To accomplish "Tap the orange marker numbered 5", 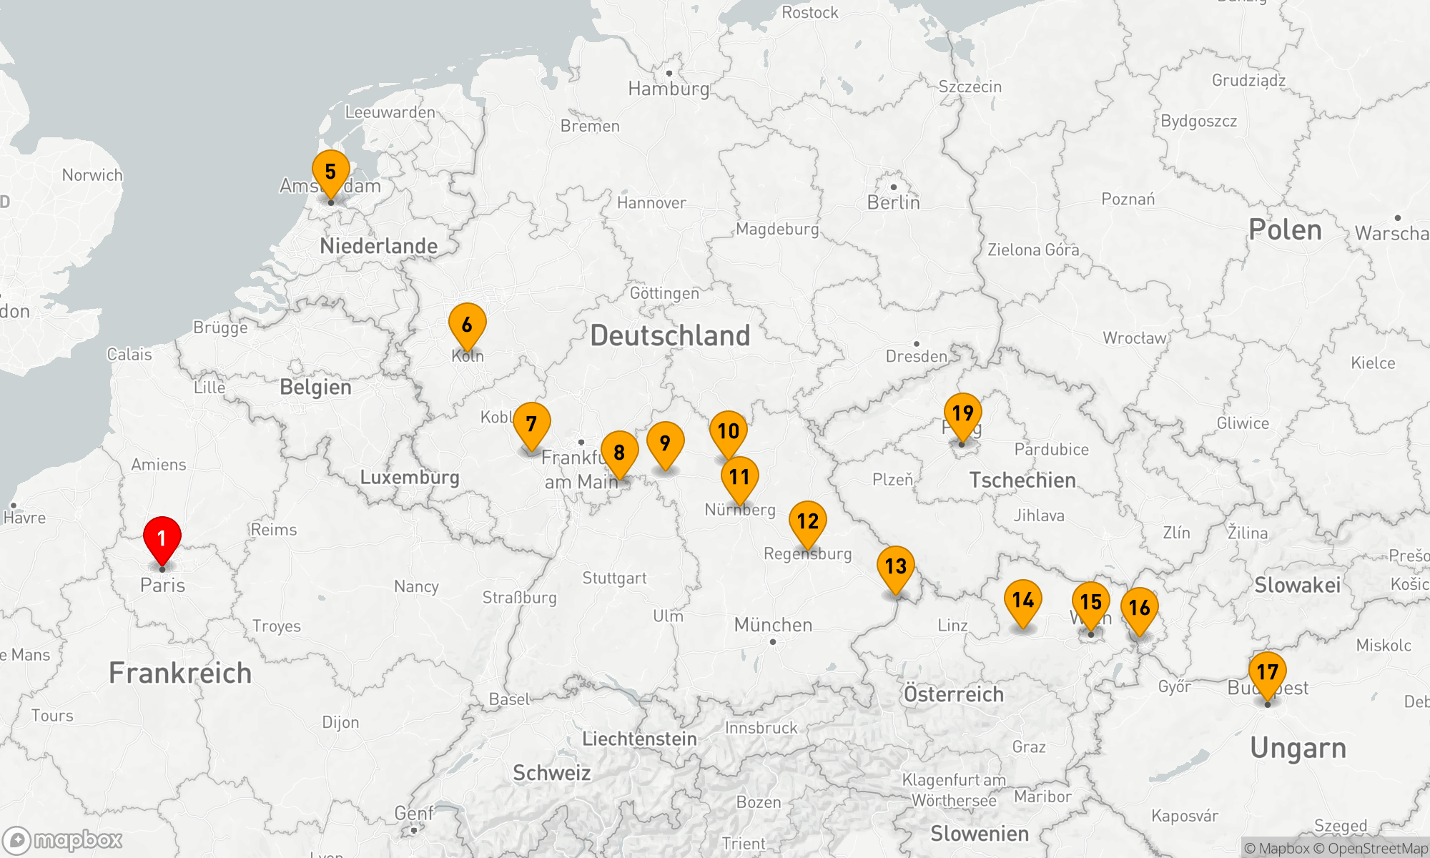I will [330, 172].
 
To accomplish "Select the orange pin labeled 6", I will [467, 325].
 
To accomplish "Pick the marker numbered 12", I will [808, 522].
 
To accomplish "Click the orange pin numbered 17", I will [1268, 673].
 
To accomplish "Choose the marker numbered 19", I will [962, 413].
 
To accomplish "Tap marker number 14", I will [1023, 601].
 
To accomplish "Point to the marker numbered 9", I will [665, 444].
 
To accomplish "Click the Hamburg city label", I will [669, 89].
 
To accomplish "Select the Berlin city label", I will [893, 202].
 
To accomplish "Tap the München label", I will [773, 625].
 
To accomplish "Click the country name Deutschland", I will [670, 335].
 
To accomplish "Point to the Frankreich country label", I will [180, 673].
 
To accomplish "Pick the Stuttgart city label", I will [614, 578].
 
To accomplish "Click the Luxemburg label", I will [410, 477].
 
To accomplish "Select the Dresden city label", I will [916, 356].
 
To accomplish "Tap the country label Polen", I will [1285, 230].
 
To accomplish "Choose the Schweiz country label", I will [551, 773].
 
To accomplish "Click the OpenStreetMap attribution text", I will [1377, 849].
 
